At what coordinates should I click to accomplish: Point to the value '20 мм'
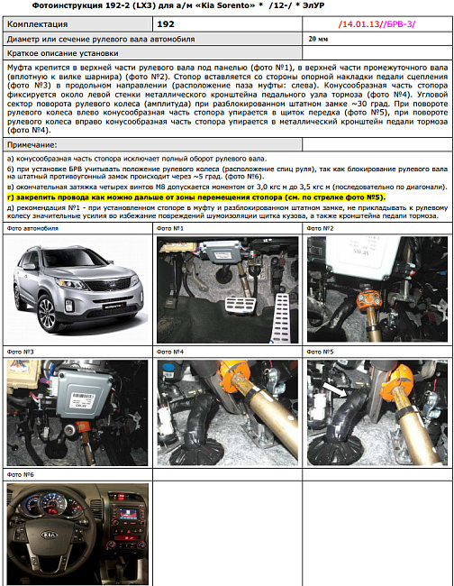pos(317,40)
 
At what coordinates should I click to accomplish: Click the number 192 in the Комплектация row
pos(166,24)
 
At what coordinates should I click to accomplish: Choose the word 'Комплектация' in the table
pos(41,24)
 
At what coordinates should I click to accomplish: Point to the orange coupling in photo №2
pos(371,298)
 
